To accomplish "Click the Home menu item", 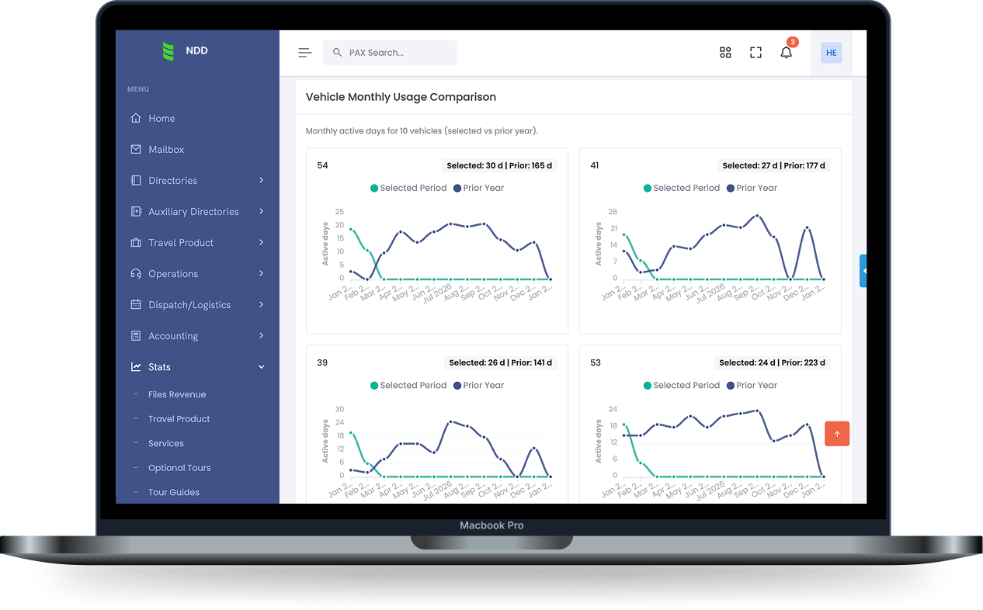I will click(162, 119).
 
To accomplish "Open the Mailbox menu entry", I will click(166, 150).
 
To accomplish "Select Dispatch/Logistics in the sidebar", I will click(189, 305).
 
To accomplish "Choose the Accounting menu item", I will click(173, 336).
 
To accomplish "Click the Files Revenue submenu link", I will click(177, 394).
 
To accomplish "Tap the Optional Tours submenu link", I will click(179, 468).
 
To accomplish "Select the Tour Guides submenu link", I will click(174, 492).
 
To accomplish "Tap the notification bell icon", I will click(786, 53).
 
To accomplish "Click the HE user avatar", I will click(831, 53).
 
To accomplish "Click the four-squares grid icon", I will click(725, 53).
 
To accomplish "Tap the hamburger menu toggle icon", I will click(304, 53).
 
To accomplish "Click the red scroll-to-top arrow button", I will click(837, 434).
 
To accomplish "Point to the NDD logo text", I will click(196, 51).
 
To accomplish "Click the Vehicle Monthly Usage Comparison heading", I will click(401, 97).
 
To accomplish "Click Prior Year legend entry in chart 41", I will click(751, 188).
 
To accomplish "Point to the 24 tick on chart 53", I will click(613, 409).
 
